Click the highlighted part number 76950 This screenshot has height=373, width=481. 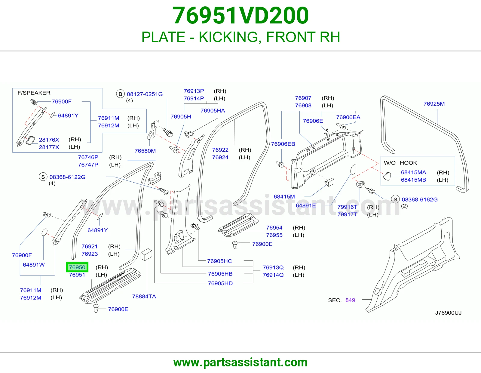tap(77, 267)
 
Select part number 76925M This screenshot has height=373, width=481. tap(434, 104)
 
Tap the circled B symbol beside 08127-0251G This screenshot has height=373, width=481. tap(120, 94)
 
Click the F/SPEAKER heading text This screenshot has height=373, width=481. tap(34, 93)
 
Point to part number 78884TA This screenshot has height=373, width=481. tap(144, 296)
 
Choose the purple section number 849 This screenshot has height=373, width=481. tap(350, 300)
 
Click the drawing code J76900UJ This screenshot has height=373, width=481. tap(448, 313)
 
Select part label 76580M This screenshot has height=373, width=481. tap(145, 151)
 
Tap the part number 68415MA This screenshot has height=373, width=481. tap(413, 172)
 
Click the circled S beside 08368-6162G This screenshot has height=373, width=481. tap(395, 199)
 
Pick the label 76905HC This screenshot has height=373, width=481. tap(219, 261)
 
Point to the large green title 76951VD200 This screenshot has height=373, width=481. tap(240, 15)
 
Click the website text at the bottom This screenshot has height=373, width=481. tap(240, 362)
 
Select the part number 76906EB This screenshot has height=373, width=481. tap(283, 144)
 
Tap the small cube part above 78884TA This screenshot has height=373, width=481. tap(146, 254)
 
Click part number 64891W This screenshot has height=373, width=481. tap(34, 265)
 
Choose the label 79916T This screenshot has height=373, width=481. tap(347, 207)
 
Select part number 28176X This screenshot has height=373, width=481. tap(49, 140)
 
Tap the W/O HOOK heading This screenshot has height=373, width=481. tap(400, 163)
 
